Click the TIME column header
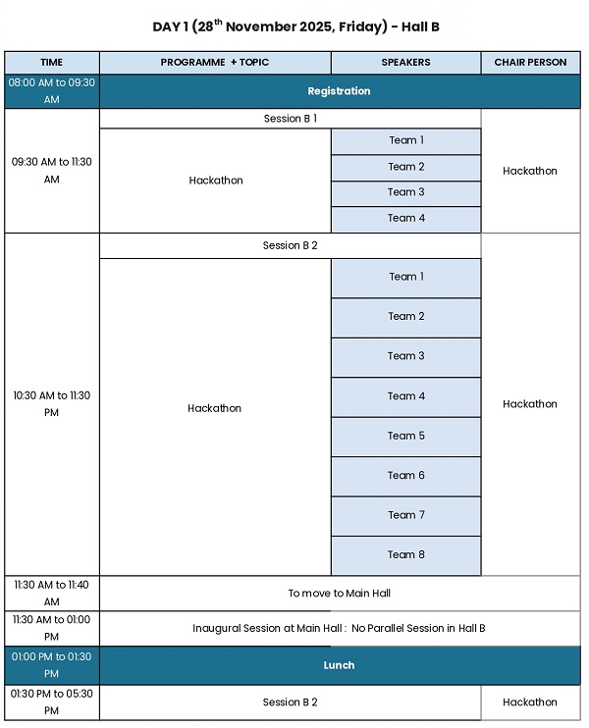52,63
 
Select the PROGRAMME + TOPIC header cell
215,63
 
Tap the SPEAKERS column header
405,63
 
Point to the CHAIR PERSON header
530,63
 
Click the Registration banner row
339,91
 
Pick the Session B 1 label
291,119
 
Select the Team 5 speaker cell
406,436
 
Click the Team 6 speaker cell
406,476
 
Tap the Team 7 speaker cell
406,515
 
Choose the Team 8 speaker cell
406,554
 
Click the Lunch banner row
339,665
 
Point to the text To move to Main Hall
339,594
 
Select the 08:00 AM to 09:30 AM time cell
52,91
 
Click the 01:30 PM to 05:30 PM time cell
52,702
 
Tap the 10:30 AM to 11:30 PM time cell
52,404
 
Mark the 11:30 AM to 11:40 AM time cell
52,594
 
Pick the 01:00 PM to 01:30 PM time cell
52,665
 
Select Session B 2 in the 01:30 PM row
291,702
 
